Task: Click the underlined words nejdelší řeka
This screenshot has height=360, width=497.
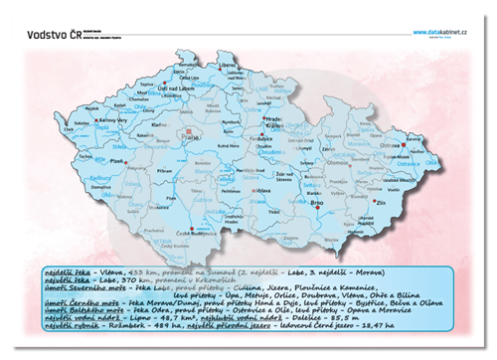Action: tap(67, 270)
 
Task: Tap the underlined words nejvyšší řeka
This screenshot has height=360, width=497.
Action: tap(67, 280)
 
